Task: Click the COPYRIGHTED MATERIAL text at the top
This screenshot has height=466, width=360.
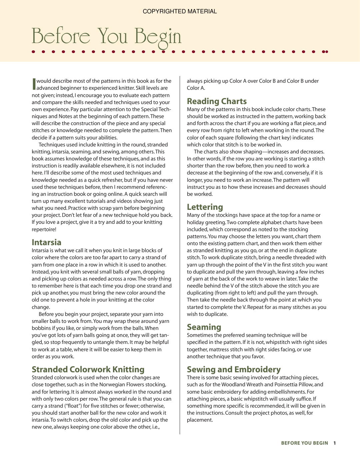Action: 180,11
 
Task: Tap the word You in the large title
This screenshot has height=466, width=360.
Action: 112,36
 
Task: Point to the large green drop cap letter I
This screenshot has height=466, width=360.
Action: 34,84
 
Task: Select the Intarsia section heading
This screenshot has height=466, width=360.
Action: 46,243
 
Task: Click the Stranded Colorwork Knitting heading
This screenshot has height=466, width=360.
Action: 88,370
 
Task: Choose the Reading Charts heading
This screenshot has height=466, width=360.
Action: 217,101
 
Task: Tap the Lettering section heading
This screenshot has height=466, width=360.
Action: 205,207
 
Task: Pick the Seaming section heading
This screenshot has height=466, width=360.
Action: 204,327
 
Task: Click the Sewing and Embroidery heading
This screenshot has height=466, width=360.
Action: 234,370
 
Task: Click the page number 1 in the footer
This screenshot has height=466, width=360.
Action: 334,443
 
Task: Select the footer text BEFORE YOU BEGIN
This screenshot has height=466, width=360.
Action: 304,443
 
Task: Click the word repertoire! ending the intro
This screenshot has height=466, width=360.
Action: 44,229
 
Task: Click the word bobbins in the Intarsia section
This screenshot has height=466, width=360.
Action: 41,328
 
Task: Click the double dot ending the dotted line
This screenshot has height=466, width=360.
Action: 325,52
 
